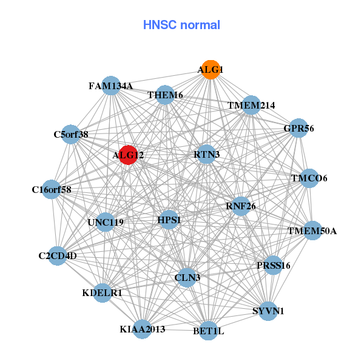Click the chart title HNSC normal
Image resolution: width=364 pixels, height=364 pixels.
click(x=181, y=25)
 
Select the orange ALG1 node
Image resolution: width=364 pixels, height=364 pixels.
click(x=211, y=70)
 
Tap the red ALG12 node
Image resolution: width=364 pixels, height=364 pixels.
click(x=128, y=155)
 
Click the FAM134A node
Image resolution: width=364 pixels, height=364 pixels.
click(x=110, y=86)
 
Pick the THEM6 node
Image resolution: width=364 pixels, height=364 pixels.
click(x=165, y=95)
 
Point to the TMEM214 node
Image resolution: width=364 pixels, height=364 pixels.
click(x=251, y=105)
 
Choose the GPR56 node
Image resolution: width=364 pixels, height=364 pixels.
click(x=298, y=128)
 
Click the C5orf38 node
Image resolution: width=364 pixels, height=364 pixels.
click(x=71, y=135)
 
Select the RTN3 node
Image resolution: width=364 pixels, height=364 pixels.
click(x=207, y=154)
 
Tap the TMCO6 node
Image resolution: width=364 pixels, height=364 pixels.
click(x=309, y=178)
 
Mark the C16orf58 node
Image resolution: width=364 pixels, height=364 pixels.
click(x=52, y=190)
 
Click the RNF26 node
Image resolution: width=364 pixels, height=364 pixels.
click(x=241, y=206)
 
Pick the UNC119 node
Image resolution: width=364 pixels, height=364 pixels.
click(x=106, y=222)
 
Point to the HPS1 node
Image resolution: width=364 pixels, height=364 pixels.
click(x=169, y=220)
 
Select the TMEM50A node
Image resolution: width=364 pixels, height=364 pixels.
click(x=312, y=231)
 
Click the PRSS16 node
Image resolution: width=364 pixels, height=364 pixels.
click(x=274, y=265)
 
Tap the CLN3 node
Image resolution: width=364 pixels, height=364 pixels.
click(x=187, y=278)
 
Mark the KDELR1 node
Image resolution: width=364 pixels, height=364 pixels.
click(x=103, y=292)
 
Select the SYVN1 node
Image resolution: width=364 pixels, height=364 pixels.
click(x=268, y=311)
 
